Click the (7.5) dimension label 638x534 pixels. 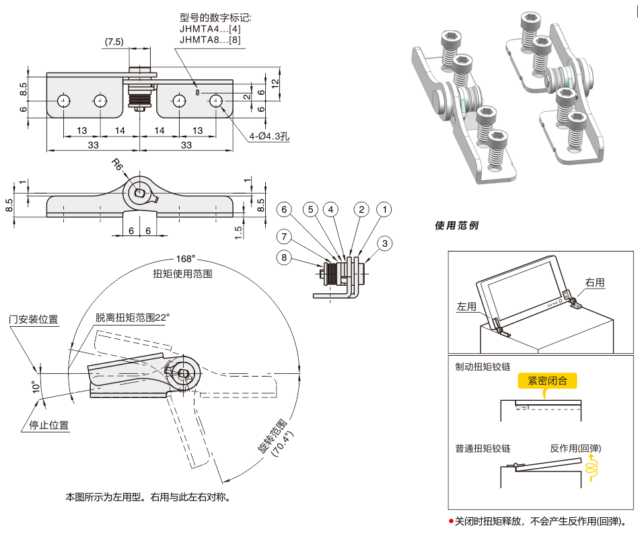pyautogui.click(x=114, y=42)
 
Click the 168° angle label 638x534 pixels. pyautogui.click(x=185, y=259)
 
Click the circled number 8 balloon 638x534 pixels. pyautogui.click(x=284, y=258)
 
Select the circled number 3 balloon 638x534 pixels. pyautogui.click(x=384, y=243)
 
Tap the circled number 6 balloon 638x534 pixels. pyautogui.click(x=284, y=210)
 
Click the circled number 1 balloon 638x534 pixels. pyautogui.click(x=384, y=210)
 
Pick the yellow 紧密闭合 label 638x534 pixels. pyautogui.click(x=547, y=381)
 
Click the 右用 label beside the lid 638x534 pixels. pyautogui.click(x=595, y=283)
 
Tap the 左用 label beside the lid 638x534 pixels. pyautogui.click(x=466, y=307)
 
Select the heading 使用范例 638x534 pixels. pyautogui.click(x=456, y=226)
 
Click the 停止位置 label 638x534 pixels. pyautogui.click(x=48, y=425)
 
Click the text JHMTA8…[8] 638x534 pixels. pyautogui.click(x=210, y=40)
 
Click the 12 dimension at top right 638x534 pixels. pyautogui.click(x=275, y=83)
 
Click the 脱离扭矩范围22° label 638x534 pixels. pyautogui.click(x=133, y=317)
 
